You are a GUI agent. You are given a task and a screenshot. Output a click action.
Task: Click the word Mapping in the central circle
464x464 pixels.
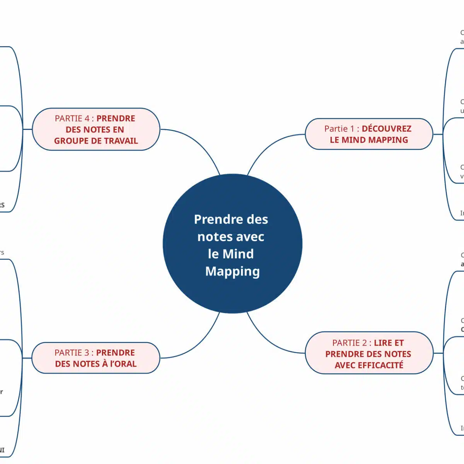232,271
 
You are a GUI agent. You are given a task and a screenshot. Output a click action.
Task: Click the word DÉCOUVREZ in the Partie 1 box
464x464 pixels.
386,129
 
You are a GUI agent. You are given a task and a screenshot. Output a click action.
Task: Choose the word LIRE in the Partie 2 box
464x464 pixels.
383,343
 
